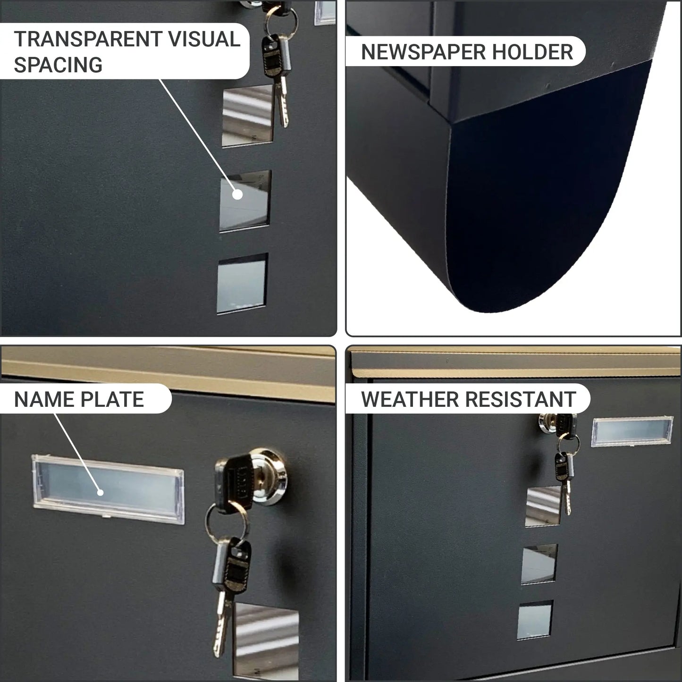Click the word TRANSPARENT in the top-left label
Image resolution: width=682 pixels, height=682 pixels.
(x=88, y=39)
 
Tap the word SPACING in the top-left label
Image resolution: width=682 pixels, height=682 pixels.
(x=59, y=65)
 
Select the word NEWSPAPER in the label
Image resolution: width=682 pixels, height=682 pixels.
(x=423, y=52)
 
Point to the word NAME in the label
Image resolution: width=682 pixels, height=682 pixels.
(x=44, y=400)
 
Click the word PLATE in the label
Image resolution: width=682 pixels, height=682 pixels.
(x=112, y=400)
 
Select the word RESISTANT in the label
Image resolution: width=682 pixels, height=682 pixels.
(x=520, y=400)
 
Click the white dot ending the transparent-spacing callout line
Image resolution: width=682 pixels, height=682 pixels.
(x=237, y=194)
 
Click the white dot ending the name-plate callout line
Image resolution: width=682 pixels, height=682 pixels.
(x=101, y=493)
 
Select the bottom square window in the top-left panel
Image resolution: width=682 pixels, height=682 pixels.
(x=243, y=284)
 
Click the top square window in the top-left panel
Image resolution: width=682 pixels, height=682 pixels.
(x=248, y=115)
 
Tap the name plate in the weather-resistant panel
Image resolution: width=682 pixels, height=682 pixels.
(x=632, y=431)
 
